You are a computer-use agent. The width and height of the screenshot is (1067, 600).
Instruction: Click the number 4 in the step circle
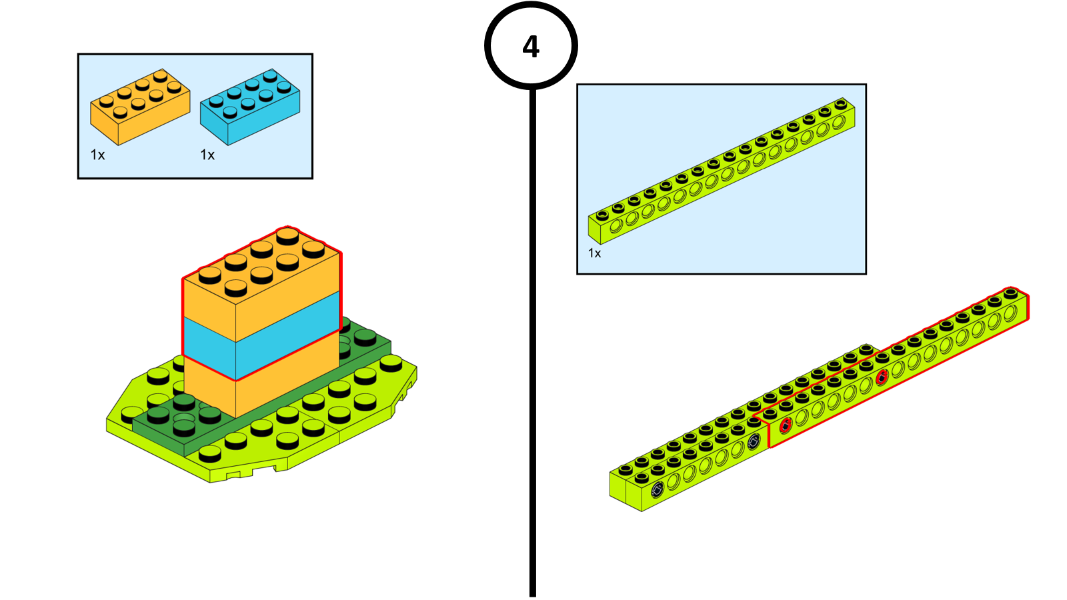531,47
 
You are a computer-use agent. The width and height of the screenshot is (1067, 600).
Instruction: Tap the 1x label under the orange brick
97,155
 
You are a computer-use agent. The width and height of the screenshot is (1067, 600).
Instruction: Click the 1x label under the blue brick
207,155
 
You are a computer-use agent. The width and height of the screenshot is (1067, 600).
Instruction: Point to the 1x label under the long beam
594,253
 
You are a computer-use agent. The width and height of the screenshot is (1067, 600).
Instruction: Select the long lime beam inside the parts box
720,173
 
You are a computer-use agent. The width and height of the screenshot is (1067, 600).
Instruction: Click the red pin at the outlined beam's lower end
786,425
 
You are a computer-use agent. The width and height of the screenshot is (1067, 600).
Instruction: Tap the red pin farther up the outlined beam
881,378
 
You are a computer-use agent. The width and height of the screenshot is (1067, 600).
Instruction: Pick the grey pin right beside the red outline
754,441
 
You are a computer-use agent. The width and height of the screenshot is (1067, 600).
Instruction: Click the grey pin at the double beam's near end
657,490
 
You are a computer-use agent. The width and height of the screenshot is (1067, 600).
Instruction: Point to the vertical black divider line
532,333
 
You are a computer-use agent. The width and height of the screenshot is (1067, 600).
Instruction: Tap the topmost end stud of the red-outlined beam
1011,293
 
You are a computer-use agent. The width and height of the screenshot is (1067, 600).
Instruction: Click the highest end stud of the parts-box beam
840,104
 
